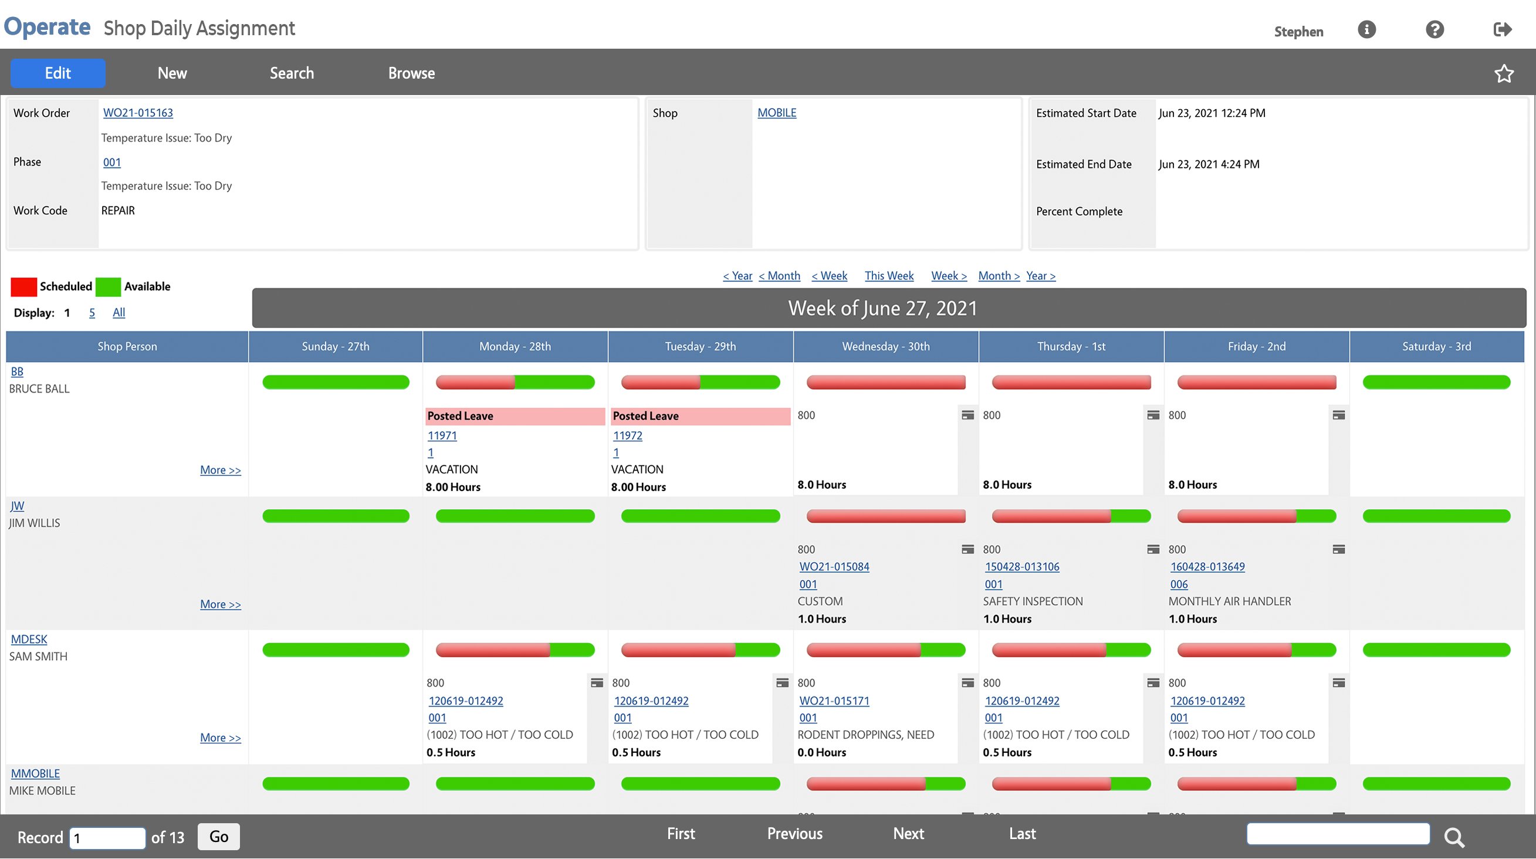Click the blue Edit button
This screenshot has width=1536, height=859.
(x=58, y=73)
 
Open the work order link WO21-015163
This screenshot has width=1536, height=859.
(x=138, y=113)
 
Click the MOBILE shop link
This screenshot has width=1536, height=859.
(x=776, y=113)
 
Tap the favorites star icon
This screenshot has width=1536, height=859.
(x=1503, y=73)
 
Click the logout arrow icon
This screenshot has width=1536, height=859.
(x=1502, y=29)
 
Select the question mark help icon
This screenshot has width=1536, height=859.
(x=1434, y=29)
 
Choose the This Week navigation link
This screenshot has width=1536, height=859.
(x=888, y=275)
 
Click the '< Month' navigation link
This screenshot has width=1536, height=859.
(x=779, y=275)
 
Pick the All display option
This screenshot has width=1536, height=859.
(x=119, y=312)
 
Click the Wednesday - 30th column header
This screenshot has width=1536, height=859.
(x=885, y=346)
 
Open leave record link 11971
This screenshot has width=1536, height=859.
(x=442, y=435)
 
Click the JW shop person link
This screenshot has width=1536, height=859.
(x=17, y=506)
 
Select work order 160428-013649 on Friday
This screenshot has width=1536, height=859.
(x=1207, y=566)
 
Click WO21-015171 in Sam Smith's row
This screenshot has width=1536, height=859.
(x=834, y=701)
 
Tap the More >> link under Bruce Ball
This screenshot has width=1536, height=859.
(x=220, y=470)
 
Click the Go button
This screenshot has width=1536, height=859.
(x=218, y=836)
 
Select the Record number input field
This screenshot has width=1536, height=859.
(x=107, y=837)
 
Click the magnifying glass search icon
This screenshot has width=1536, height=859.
(x=1454, y=837)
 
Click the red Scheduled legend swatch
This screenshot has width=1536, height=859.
(x=24, y=287)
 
